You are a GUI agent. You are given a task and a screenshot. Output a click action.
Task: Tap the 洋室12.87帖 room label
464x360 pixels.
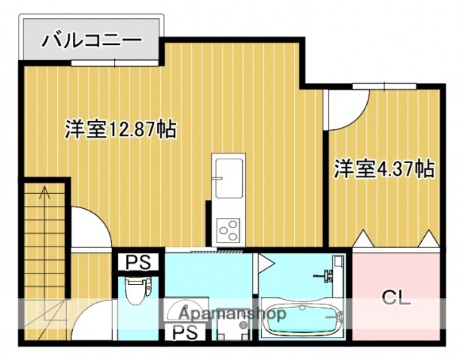[120, 129]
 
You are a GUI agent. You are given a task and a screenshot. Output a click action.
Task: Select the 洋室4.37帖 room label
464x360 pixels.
[384, 168]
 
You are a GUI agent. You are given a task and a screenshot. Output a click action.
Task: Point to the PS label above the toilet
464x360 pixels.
[137, 263]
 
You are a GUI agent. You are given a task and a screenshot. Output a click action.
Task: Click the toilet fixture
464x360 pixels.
[137, 290]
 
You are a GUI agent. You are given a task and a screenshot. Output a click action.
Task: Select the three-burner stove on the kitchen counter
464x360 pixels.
[228, 227]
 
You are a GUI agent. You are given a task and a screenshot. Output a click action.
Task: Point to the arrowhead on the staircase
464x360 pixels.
[44, 191]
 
